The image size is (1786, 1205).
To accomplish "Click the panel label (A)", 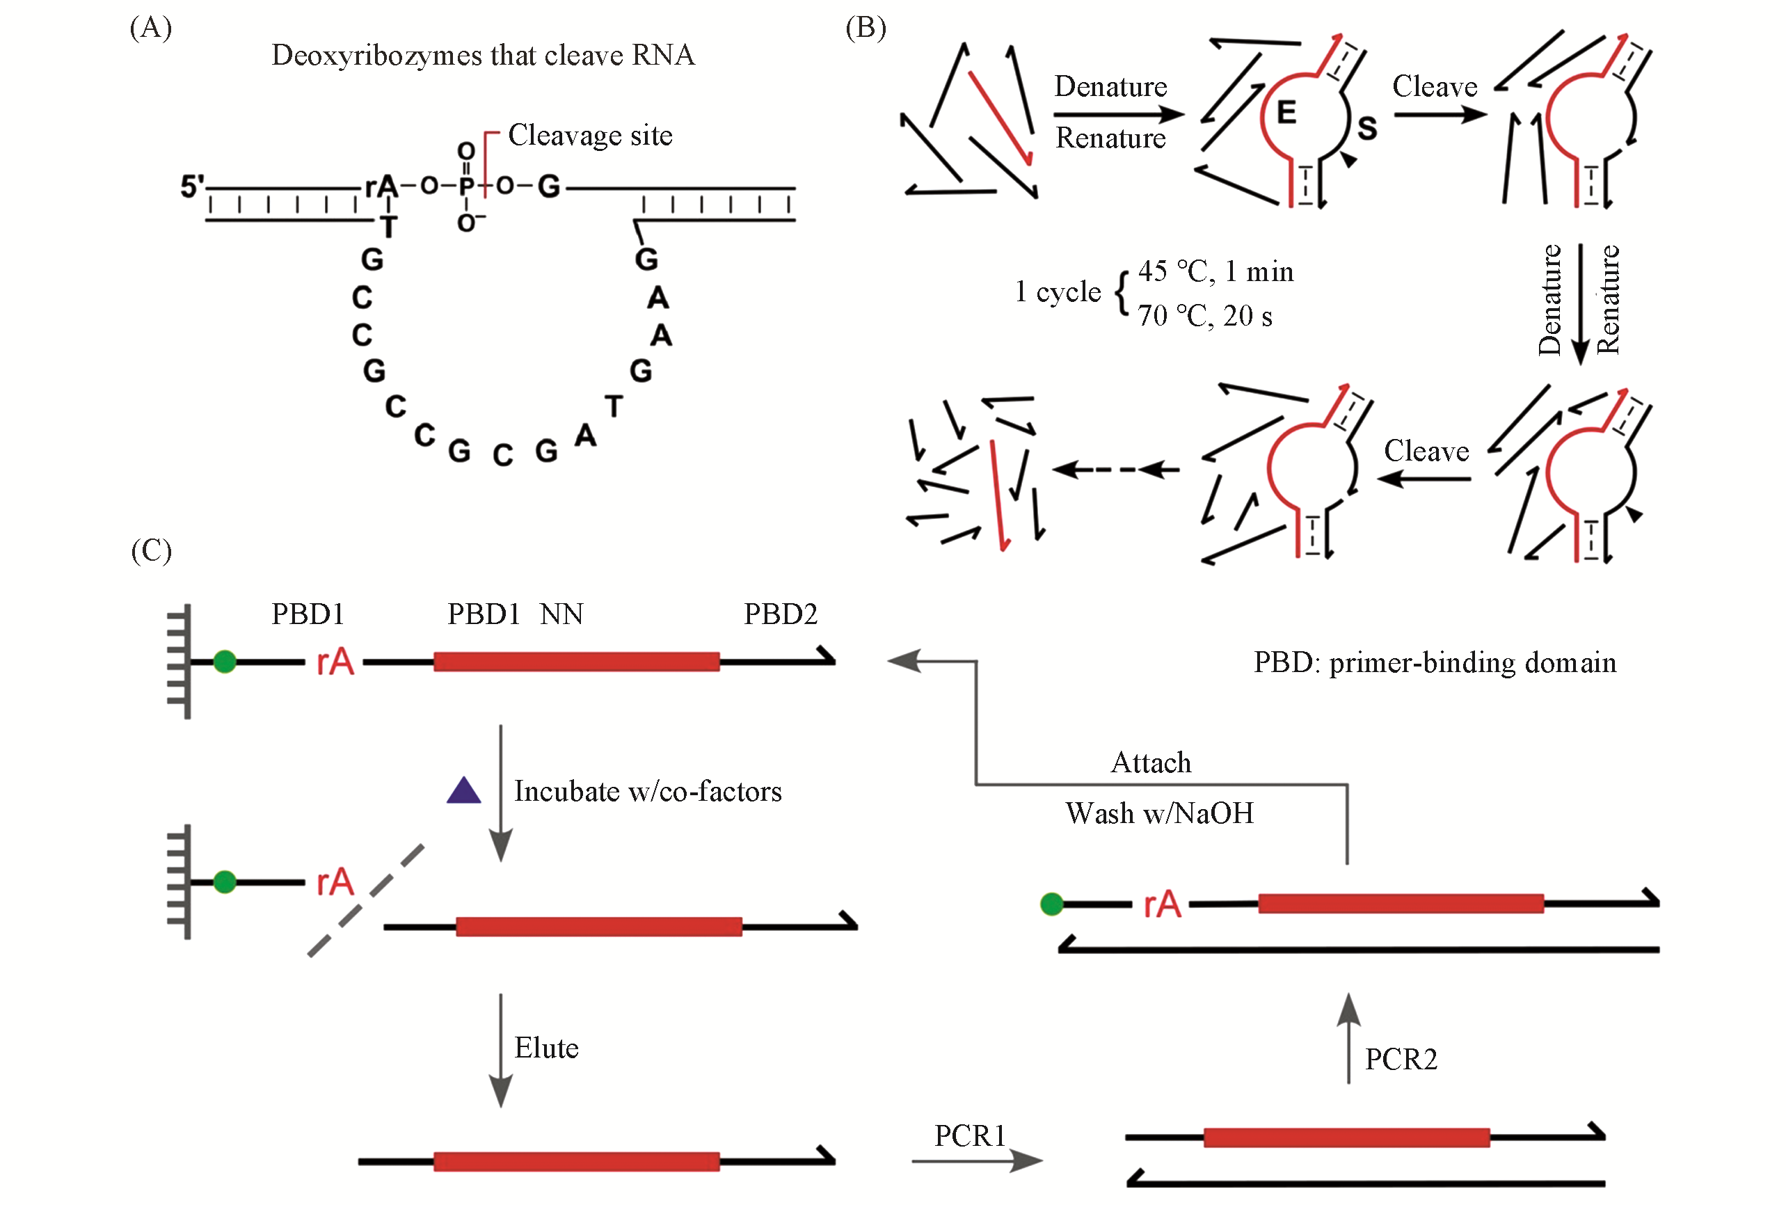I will [x=150, y=28].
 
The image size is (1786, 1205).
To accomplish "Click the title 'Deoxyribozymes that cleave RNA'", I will [x=483, y=56].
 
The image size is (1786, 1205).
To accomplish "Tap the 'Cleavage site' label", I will [x=589, y=135].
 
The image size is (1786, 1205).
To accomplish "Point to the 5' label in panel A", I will [x=192, y=186].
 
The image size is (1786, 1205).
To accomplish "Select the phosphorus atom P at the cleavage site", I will [x=466, y=186].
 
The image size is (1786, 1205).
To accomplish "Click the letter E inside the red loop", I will [x=1286, y=113].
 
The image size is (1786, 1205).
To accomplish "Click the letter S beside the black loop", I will [x=1367, y=128].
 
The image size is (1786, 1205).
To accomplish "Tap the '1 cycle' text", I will [x=1058, y=292].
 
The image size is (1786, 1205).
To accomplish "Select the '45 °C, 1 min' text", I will [x=1215, y=271].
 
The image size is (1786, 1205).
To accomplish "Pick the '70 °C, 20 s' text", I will [x=1204, y=316].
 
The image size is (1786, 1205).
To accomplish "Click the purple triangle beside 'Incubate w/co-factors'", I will [x=463, y=791].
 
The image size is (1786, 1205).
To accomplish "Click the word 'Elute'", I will [x=545, y=1048].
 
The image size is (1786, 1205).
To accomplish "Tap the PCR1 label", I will [x=969, y=1136].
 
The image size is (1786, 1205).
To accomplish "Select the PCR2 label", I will [x=1401, y=1060].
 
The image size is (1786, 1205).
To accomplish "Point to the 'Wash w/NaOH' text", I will [x=1159, y=813].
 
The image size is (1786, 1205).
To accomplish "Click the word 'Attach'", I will [x=1151, y=763].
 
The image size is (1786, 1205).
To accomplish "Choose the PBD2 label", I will [x=780, y=614].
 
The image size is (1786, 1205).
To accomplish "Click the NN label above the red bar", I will [x=561, y=614].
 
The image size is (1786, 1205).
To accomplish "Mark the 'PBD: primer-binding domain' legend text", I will [x=1434, y=662].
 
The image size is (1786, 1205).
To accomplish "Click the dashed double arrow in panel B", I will [x=1116, y=469].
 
